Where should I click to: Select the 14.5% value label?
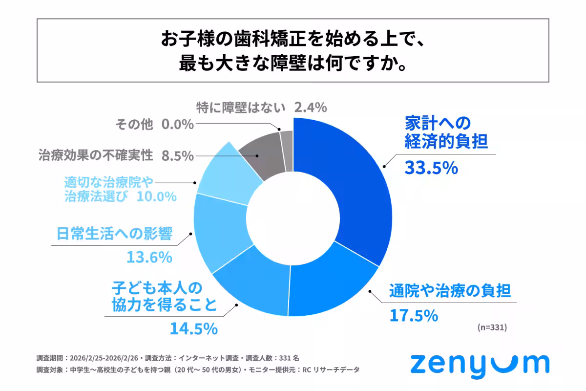[x=193, y=328]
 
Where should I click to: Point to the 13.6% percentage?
[x=149, y=257]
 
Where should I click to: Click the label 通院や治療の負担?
[x=450, y=292]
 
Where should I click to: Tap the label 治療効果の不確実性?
[x=96, y=156]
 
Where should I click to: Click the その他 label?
[x=134, y=125]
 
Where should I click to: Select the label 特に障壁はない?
[x=242, y=107]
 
